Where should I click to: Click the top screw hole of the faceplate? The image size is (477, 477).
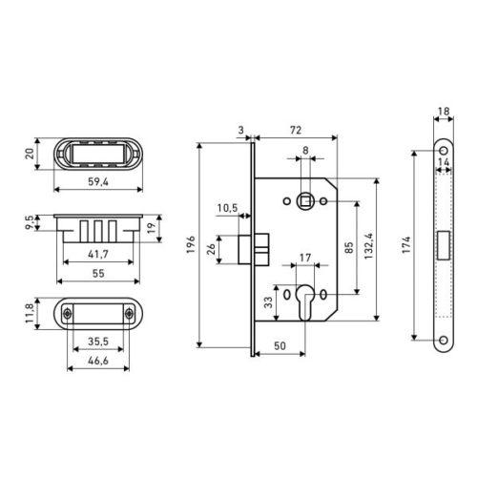coord(442,154)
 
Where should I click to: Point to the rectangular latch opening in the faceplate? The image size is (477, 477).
coord(442,244)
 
